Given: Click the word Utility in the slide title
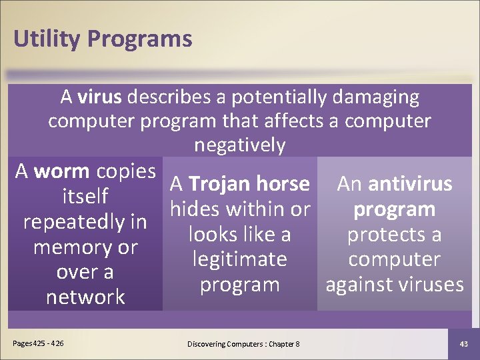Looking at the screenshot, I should tap(45, 39).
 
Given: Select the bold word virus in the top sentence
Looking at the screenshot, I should tap(99, 97).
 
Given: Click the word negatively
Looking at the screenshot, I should tap(240, 145).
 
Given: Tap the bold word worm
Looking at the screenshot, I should tap(61, 171).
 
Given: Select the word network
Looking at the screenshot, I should tap(85, 297).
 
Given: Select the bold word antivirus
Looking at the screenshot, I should tap(410, 184).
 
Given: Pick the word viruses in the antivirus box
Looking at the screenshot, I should tap(427, 285).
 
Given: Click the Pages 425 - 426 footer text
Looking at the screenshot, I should tap(39, 343).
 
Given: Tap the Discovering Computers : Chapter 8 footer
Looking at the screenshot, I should tap(243, 343).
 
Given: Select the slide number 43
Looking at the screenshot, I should tap(464, 343).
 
